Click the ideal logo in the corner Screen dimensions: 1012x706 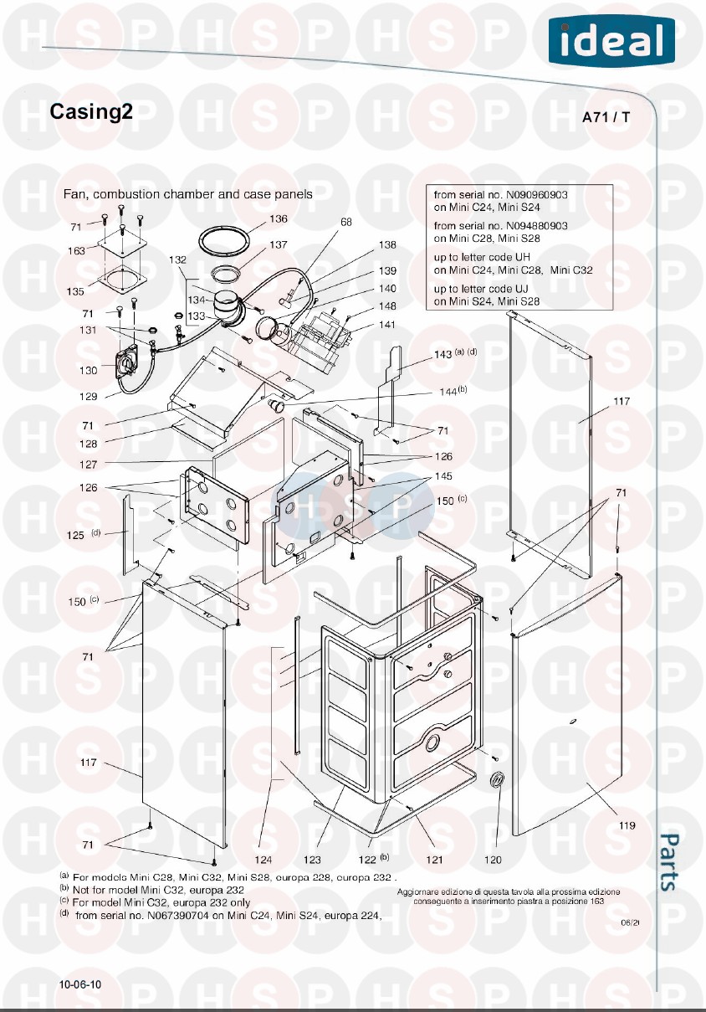(x=611, y=40)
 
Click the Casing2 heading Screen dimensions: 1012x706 (x=91, y=112)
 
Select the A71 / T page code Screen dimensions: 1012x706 (x=606, y=117)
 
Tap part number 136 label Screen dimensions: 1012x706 (x=278, y=219)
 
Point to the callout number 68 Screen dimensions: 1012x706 (x=346, y=223)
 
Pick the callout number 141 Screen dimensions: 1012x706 (x=387, y=324)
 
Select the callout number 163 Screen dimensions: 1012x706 (x=76, y=250)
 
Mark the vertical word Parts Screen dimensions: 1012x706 (x=669, y=861)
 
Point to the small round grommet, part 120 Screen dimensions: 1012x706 (x=496, y=780)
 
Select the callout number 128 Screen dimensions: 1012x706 (x=88, y=444)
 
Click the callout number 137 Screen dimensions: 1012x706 (x=278, y=245)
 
